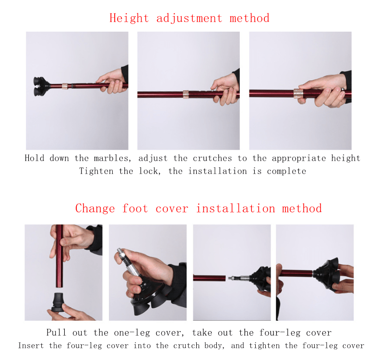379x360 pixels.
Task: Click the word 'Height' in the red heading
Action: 129,18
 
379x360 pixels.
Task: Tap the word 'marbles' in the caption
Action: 112,158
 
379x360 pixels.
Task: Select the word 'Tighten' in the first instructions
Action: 96,171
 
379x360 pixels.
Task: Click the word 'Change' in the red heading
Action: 95,209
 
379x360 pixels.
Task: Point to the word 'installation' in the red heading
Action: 236,209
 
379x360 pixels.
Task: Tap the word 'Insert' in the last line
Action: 31,346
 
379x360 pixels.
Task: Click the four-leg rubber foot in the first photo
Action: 42,86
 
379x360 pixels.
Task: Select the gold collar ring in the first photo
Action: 65,86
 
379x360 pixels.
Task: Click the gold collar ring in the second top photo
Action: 186,94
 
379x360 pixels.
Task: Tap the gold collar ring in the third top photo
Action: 298,93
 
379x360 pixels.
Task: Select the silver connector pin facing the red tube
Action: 239,278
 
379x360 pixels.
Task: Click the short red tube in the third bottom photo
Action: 209,278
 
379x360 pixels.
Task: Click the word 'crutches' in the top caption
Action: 212,158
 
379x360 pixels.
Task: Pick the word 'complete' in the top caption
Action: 286,171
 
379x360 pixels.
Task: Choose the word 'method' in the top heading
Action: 249,18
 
